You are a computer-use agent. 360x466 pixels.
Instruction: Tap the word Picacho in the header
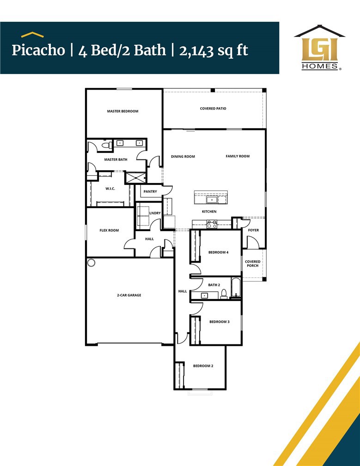(38, 50)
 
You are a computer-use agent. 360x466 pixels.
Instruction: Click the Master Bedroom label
(122, 111)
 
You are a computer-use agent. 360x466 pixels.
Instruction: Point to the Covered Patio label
(213, 109)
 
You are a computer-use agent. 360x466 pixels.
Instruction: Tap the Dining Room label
(183, 157)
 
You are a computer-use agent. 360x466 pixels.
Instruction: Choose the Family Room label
(238, 156)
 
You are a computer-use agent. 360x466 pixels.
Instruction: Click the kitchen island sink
(211, 199)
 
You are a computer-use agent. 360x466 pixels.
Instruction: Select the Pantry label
(150, 191)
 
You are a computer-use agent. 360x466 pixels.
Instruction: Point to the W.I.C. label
(110, 189)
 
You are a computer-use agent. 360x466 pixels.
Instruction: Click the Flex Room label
(109, 230)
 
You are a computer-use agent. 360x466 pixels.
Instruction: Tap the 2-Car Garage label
(129, 295)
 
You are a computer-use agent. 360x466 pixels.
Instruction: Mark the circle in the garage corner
(92, 263)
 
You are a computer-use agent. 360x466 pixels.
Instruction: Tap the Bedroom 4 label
(218, 252)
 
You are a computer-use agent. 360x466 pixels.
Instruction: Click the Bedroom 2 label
(203, 366)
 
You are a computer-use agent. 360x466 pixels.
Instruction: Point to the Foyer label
(253, 230)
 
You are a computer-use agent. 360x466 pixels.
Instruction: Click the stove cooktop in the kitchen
(212, 224)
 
